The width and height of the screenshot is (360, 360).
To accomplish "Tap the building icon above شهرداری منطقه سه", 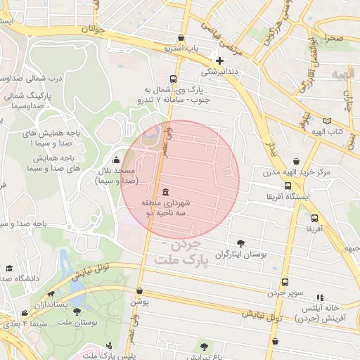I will (165, 192).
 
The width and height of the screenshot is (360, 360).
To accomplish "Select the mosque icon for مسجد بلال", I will (116, 160).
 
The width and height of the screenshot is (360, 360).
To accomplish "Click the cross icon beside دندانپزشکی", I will (220, 60).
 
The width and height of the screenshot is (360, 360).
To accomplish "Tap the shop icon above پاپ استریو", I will (181, 39).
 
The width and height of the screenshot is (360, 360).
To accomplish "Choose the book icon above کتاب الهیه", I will (326, 121).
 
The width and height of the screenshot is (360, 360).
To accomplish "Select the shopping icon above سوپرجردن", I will (284, 282).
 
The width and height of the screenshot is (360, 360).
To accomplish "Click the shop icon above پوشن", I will (139, 290).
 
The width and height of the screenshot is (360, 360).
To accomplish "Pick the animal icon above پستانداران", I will (51, 295).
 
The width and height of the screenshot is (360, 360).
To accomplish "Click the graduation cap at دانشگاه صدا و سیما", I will (9, 268).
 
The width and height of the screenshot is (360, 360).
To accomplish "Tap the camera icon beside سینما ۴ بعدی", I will (25, 314).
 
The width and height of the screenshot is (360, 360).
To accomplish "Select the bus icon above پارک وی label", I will (174, 79).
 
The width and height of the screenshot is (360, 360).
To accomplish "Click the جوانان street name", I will (92, 30).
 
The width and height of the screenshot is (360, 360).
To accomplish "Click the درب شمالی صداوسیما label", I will (34, 78).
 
